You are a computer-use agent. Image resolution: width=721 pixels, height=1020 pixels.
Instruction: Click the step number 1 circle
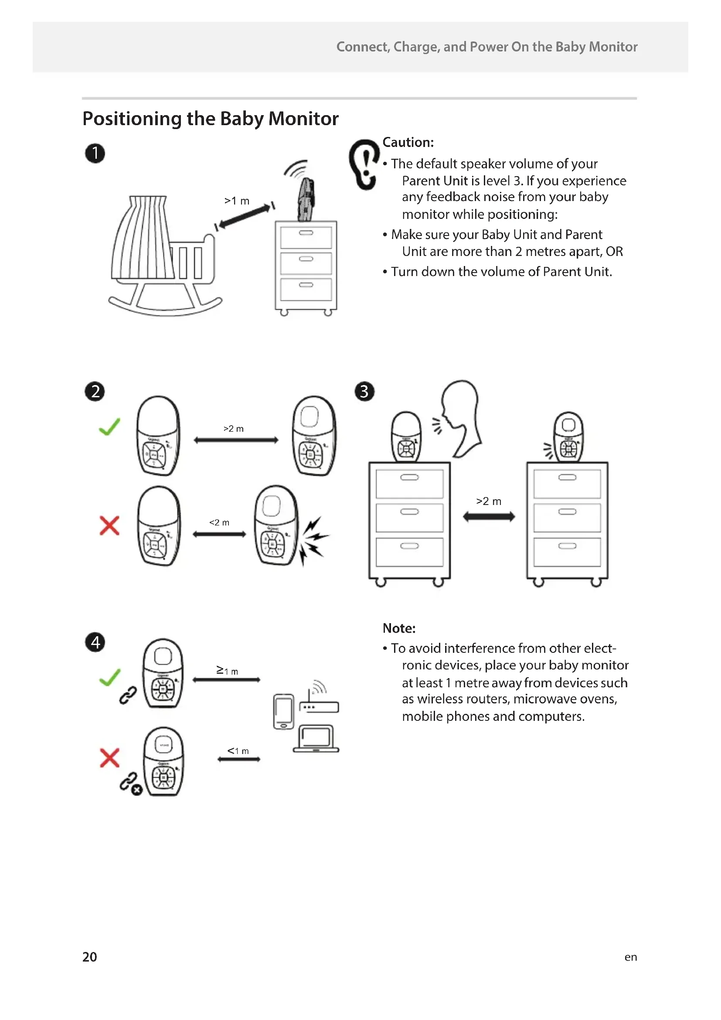pos(95,154)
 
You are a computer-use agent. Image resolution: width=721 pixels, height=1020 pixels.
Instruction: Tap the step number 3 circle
pos(364,391)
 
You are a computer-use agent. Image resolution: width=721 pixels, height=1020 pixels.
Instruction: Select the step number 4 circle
pos(95,642)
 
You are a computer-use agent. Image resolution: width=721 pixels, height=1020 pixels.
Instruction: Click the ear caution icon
pos(364,165)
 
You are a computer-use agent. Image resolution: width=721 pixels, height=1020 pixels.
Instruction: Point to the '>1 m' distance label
pos(237,201)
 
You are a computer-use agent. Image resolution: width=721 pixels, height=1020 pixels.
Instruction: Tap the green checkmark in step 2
pos(109,426)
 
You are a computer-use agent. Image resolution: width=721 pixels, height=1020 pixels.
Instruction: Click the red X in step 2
pos(109,525)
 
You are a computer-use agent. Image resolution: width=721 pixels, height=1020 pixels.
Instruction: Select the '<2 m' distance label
pos(219,522)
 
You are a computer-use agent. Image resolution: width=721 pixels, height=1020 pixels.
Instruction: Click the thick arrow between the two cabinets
pos(489,517)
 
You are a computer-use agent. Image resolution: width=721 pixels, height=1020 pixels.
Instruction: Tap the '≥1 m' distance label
pos(227,670)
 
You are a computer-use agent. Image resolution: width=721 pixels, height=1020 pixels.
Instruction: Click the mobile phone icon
pos(283,711)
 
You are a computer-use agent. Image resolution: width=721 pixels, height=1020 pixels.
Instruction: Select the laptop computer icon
pos(316,739)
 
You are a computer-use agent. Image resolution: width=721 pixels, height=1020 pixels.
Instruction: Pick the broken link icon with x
pos(130,784)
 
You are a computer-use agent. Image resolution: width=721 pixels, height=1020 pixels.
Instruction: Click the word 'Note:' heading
pos(399,628)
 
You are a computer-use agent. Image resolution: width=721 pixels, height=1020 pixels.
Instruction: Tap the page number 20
pos(89,956)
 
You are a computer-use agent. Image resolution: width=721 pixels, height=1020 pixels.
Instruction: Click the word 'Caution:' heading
pos(408,142)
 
